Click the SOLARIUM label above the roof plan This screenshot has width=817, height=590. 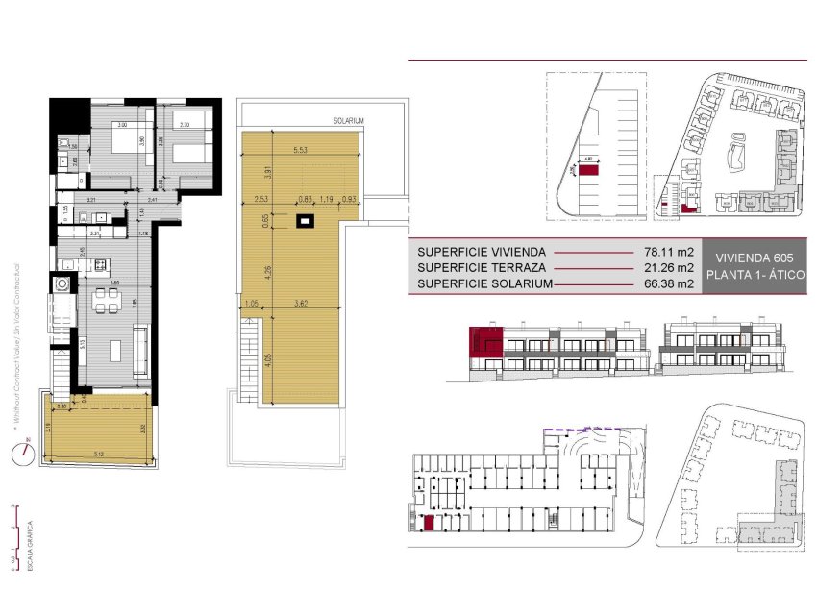[348, 121]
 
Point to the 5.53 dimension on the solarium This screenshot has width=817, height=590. [300, 150]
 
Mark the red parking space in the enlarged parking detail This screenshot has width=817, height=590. [587, 169]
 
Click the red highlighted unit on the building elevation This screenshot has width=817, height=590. [484, 343]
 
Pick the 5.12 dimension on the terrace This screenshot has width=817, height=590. [100, 455]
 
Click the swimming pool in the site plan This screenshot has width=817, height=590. [740, 154]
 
